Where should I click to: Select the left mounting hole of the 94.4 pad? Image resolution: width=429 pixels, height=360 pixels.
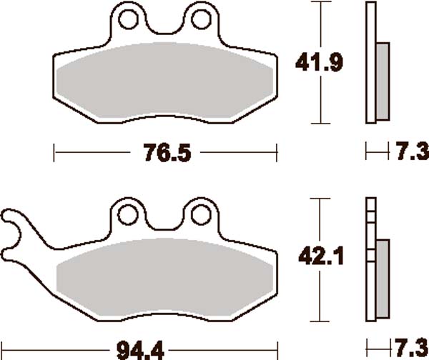(x=129, y=214)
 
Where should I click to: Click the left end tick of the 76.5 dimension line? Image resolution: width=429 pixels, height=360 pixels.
(x=55, y=152)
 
